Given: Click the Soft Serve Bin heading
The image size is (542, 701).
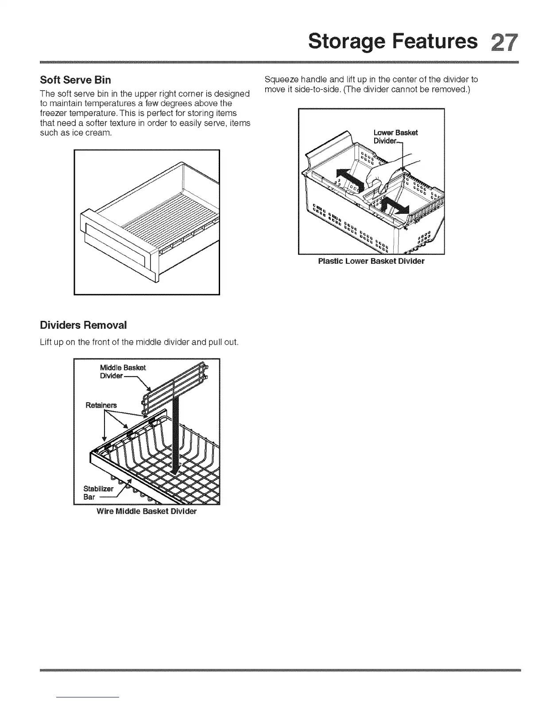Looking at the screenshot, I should click(75, 80).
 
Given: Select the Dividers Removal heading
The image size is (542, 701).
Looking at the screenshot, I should click(83, 325).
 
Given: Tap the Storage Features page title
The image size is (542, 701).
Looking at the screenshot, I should click(393, 41).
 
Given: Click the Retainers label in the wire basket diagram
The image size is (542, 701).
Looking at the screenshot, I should click(101, 405).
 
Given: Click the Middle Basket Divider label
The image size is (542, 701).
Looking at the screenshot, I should click(122, 371).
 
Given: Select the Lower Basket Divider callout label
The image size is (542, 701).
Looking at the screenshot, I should click(395, 136).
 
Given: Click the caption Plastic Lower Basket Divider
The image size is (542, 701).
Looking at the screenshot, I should click(371, 261).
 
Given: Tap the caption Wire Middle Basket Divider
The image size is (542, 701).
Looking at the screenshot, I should click(147, 511).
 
